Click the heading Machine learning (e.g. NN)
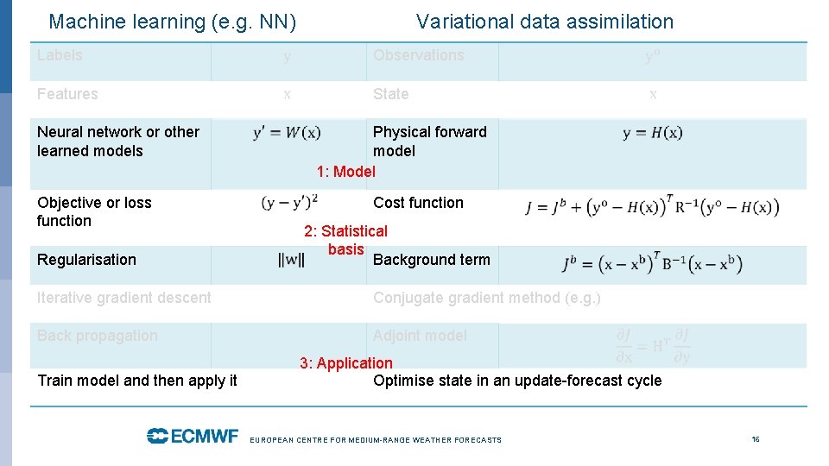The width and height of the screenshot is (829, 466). pyautogui.click(x=173, y=22)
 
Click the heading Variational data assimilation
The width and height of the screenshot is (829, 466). pyautogui.click(x=544, y=22)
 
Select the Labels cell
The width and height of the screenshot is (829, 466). pyautogui.click(x=60, y=55)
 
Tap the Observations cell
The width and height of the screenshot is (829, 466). pyautogui.click(x=418, y=55)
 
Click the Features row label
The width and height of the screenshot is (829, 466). pyautogui.click(x=67, y=94)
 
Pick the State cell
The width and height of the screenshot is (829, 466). pyautogui.click(x=390, y=94)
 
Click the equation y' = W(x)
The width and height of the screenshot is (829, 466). pyautogui.click(x=287, y=133)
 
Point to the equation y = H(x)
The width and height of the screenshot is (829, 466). pyautogui.click(x=652, y=133)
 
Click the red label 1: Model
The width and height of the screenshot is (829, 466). pyautogui.click(x=345, y=172)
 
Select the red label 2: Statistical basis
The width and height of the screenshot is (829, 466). pyautogui.click(x=345, y=240)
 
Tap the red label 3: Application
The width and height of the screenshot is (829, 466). pyautogui.click(x=345, y=363)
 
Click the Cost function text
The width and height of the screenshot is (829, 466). pyautogui.click(x=418, y=203)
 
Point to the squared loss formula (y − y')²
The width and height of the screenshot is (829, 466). pyautogui.click(x=290, y=203)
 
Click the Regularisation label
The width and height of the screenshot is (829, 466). pyautogui.click(x=86, y=260)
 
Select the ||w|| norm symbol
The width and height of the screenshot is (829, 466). pyautogui.click(x=290, y=261)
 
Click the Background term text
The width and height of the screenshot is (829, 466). pyautogui.click(x=431, y=260)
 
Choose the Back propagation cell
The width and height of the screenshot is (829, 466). pyautogui.click(x=98, y=336)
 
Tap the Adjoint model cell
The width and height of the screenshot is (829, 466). pyautogui.click(x=420, y=336)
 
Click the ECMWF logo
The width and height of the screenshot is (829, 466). pyautogui.click(x=192, y=437)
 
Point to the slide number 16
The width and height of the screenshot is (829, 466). pyautogui.click(x=756, y=439)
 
